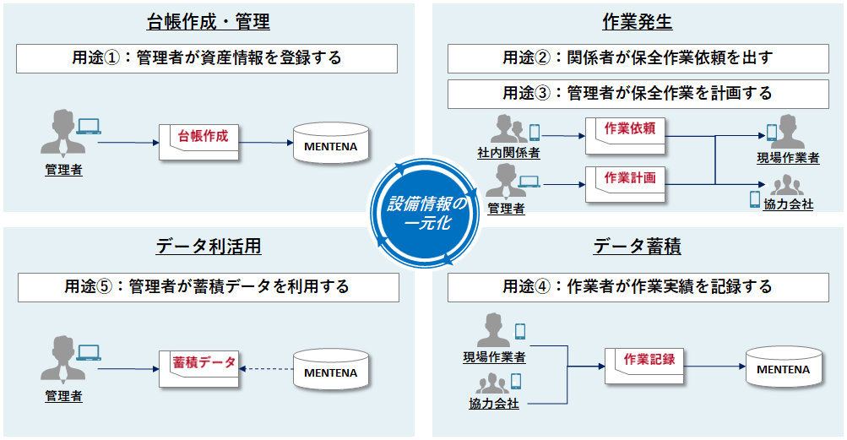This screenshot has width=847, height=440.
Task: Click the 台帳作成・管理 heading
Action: [x=208, y=22]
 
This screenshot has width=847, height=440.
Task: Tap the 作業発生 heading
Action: [x=638, y=22]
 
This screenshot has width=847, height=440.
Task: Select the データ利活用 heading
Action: [x=208, y=247]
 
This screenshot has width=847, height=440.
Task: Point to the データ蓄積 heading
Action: [x=638, y=247]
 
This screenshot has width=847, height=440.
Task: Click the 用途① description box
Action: [x=208, y=58]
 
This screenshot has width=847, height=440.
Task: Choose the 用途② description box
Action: [x=638, y=58]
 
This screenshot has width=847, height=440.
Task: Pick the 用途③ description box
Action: [x=638, y=93]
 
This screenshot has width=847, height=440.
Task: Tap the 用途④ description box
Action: [x=638, y=286]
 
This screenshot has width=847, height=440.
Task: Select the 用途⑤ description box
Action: [x=208, y=286]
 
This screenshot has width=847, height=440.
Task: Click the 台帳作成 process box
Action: [x=201, y=141]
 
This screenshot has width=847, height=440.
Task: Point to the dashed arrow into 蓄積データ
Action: [x=265, y=368]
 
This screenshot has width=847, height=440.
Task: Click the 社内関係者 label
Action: [x=508, y=153]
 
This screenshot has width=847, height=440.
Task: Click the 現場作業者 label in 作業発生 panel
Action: [x=788, y=158]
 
